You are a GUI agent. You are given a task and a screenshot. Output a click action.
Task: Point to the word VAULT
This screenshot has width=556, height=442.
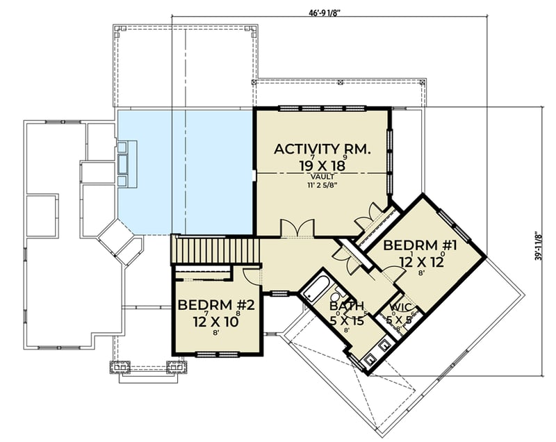[x=321, y=177]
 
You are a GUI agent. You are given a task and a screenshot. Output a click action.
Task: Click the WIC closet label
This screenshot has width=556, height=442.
[x=400, y=306]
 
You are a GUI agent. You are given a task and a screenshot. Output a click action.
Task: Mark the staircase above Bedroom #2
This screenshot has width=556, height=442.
[x=215, y=249]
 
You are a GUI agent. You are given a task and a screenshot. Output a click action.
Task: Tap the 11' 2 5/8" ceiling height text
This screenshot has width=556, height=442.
[x=321, y=186]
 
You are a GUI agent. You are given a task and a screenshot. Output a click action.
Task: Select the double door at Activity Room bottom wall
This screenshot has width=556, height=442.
[x=297, y=228]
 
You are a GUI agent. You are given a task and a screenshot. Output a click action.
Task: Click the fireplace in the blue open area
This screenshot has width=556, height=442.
[x=126, y=163]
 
